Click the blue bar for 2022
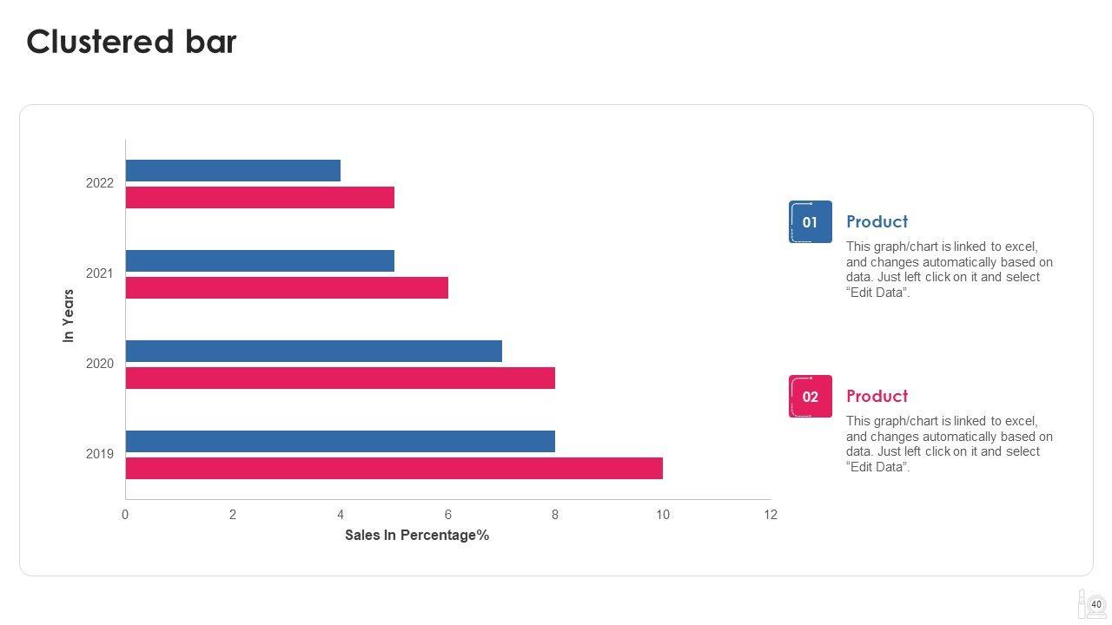coord(233,170)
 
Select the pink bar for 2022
coord(260,197)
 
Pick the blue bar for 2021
coord(260,260)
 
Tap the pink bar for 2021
coord(287,287)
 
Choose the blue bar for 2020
coord(314,351)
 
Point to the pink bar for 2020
coord(341,378)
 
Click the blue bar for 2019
coord(341,441)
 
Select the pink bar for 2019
coord(394,468)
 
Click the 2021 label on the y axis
coord(100,273)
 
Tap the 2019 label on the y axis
coord(100,454)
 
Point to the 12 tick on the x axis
coord(771,515)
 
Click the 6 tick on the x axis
coord(448,515)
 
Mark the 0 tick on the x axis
coord(125,515)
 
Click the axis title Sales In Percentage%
coord(417,535)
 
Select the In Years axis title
coord(69,315)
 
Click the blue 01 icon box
coord(811,222)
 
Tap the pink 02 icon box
coord(811,397)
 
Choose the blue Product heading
coord(877,221)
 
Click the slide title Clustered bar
coord(131,42)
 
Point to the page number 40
coord(1096,605)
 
